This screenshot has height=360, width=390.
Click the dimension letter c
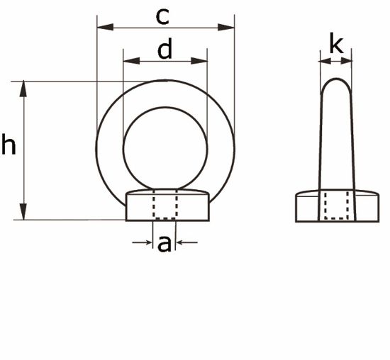(164, 16)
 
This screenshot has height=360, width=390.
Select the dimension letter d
(165, 50)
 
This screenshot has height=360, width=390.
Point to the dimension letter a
(165, 244)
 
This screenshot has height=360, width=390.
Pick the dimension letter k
(336, 46)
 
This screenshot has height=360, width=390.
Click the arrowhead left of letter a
(148, 244)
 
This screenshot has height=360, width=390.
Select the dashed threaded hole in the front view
(165, 206)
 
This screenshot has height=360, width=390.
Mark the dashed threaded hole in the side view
(336, 206)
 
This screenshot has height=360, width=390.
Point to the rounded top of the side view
(336, 84)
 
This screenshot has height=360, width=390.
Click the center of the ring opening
(165, 150)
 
